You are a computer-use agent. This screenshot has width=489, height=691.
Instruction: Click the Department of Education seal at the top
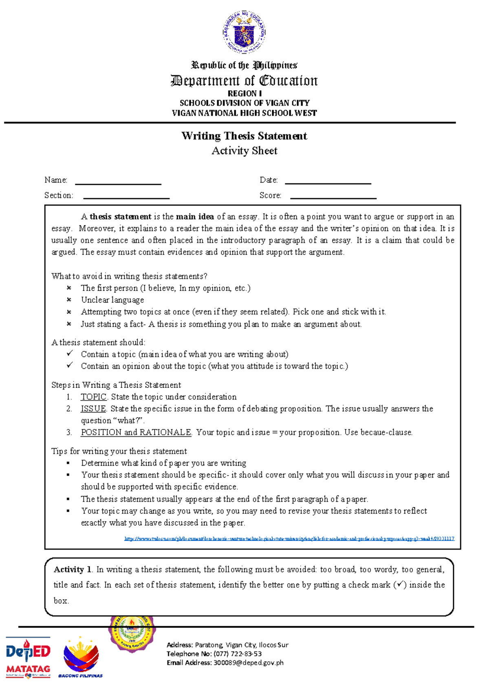click(244, 33)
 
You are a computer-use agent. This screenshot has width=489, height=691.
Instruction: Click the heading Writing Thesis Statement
click(244, 136)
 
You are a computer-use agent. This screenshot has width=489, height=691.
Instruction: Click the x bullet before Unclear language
click(69, 300)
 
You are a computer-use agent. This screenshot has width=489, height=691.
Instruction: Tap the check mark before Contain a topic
click(70, 354)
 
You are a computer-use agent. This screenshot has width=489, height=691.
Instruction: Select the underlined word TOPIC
click(93, 397)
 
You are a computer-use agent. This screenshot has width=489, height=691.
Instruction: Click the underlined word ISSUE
click(93, 409)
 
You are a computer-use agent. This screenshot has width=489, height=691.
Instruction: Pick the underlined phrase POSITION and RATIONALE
click(136, 432)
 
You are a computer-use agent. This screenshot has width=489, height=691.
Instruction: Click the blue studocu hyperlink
click(289, 539)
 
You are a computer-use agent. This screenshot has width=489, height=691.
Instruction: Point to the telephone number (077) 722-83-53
click(238, 654)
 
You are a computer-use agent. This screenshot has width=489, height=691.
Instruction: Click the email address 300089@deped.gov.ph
click(248, 662)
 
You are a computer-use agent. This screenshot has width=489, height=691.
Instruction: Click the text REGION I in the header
click(244, 93)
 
